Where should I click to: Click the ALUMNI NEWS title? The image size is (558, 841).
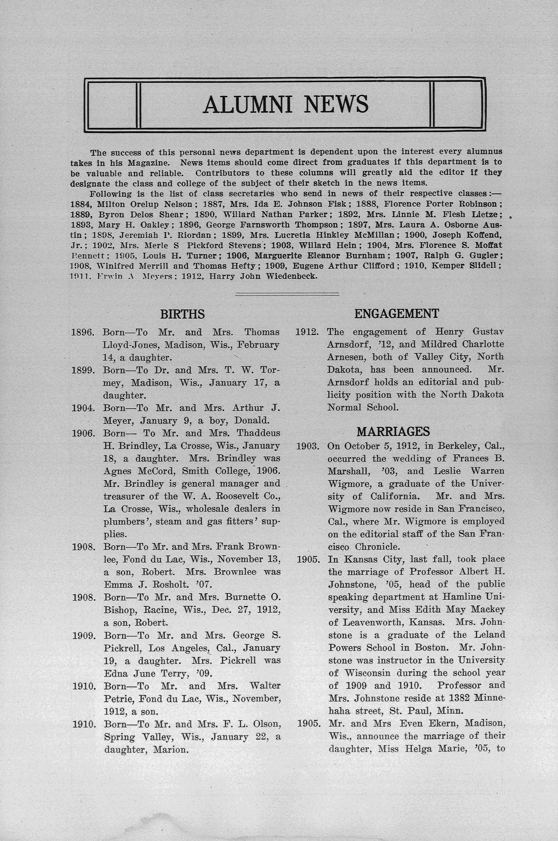point(285,104)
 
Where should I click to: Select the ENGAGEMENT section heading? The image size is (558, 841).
point(396,313)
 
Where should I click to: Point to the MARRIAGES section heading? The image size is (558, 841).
point(393,432)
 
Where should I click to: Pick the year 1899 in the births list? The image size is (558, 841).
point(83,370)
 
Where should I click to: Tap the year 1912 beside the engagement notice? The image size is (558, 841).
point(307,332)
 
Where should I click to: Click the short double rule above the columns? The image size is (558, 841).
point(287,294)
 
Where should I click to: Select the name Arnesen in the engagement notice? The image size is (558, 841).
point(345,357)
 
